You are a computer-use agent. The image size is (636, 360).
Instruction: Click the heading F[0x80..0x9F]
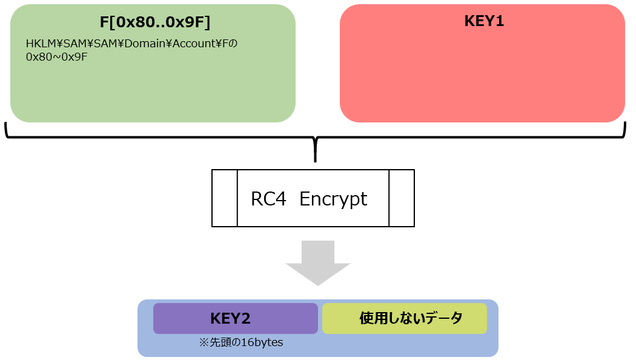(154, 22)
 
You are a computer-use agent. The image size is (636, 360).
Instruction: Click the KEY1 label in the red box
(484, 21)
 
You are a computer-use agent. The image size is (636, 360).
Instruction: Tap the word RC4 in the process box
(268, 199)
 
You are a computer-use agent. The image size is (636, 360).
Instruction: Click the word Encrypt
(333, 199)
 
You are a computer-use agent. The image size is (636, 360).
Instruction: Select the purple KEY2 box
(235, 318)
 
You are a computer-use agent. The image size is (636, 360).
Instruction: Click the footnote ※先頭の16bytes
(241, 342)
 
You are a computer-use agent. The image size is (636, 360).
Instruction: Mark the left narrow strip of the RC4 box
(224, 198)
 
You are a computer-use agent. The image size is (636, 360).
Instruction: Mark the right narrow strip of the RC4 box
(401, 198)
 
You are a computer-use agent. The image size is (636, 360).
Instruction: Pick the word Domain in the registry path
(157, 44)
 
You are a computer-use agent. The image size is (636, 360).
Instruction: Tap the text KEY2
(230, 318)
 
